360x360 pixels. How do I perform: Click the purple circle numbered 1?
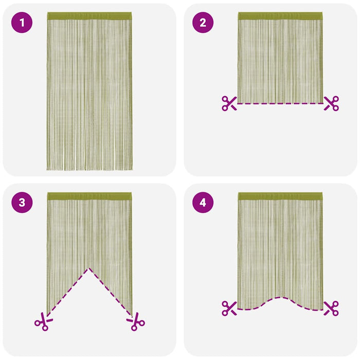(x=22, y=23)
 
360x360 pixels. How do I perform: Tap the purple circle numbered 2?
(x=203, y=23)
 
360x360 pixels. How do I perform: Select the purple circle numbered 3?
(x=22, y=203)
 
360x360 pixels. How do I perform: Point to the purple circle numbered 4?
(x=203, y=203)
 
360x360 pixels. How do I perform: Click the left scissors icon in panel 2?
(x=229, y=103)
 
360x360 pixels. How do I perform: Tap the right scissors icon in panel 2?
(x=331, y=103)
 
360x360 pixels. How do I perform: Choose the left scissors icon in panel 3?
(x=44, y=321)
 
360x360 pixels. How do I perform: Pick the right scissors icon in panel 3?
(x=136, y=321)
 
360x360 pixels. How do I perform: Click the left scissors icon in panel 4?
(x=229, y=309)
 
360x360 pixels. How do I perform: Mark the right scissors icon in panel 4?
(x=331, y=309)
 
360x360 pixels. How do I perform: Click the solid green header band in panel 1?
(x=89, y=16)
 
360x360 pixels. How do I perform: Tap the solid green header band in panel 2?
(x=280, y=16)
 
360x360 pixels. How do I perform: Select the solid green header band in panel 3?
(x=89, y=196)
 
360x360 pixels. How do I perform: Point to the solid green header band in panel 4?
(x=280, y=196)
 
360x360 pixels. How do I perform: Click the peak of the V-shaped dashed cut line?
(x=89, y=268)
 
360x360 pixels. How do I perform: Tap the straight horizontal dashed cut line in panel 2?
(x=280, y=103)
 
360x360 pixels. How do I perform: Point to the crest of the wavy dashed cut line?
(x=280, y=298)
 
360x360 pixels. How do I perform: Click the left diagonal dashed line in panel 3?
(x=68, y=292)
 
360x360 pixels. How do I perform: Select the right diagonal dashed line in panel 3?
(x=111, y=292)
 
